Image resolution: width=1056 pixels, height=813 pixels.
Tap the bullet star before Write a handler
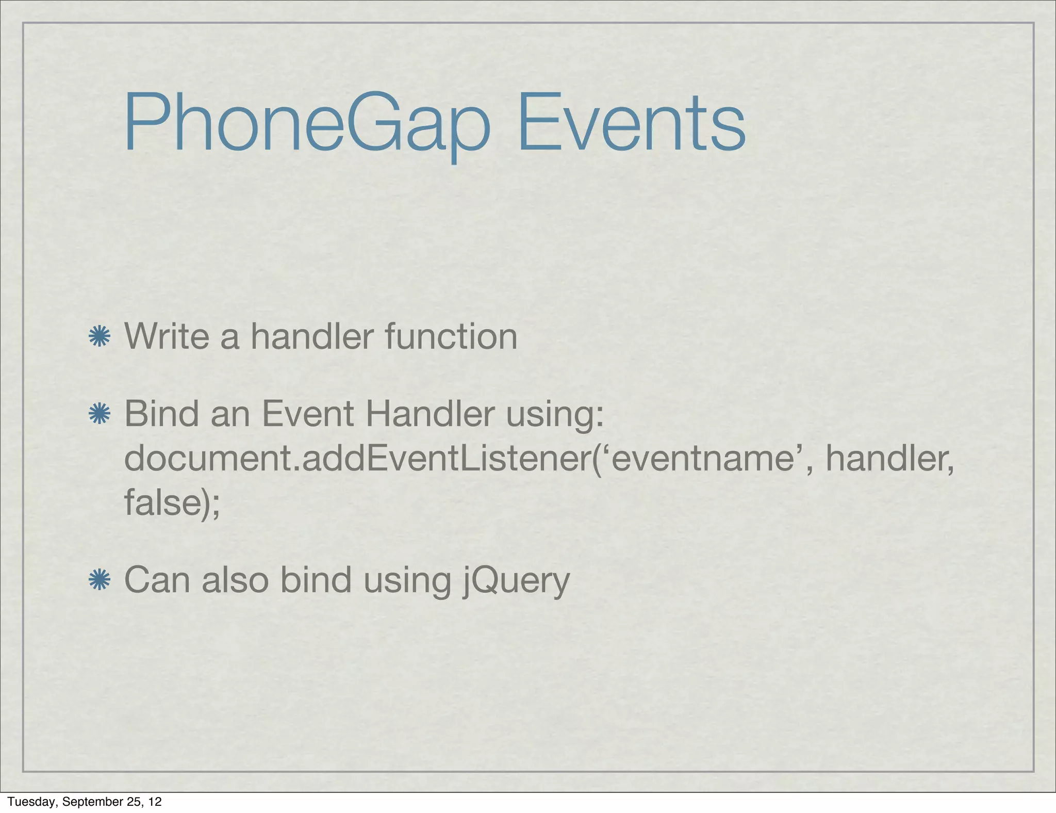coord(99,337)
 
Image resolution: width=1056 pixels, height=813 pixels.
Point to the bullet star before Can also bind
coord(99,580)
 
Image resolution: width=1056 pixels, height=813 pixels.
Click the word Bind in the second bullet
coord(161,414)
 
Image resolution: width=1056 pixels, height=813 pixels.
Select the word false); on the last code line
coord(172,502)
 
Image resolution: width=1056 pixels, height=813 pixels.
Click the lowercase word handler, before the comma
coord(888,458)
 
